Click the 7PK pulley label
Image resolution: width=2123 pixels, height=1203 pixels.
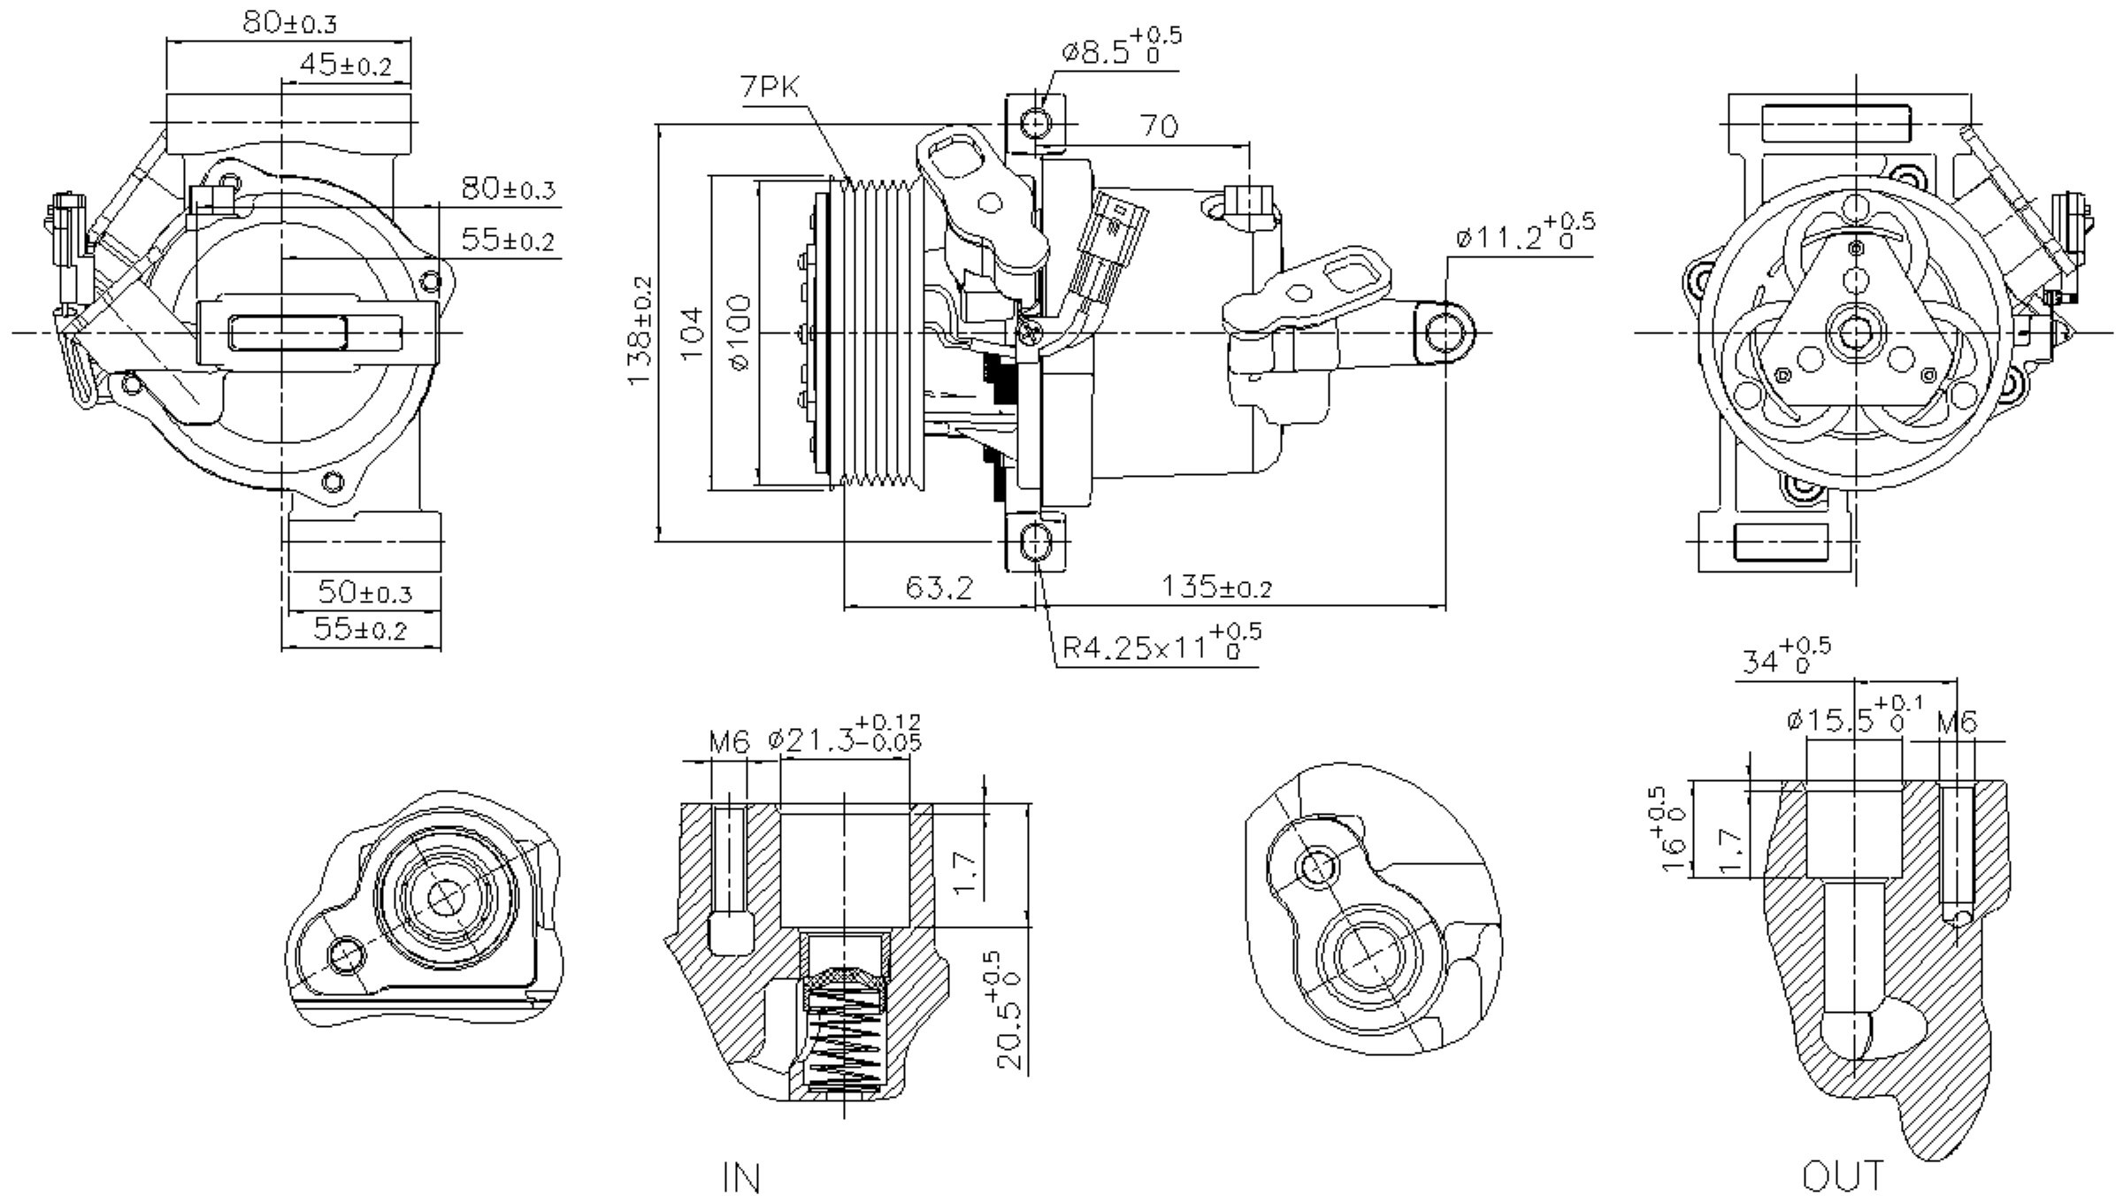click(x=770, y=88)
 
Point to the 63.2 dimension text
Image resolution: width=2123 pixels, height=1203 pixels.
click(x=939, y=587)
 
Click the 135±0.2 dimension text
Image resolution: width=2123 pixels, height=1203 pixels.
click(x=1216, y=587)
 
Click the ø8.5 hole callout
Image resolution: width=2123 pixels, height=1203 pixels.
click(x=1119, y=50)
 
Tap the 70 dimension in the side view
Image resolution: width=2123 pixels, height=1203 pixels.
click(x=1159, y=127)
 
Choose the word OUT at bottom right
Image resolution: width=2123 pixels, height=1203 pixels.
click(x=1843, y=1176)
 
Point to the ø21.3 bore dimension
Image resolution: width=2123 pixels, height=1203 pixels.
click(x=844, y=737)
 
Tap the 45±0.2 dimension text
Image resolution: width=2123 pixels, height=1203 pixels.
click(x=345, y=65)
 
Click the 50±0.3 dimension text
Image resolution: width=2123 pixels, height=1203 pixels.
click(x=364, y=592)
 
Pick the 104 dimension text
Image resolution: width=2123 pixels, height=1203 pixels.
click(x=693, y=333)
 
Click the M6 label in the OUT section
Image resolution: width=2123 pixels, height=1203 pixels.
click(x=1957, y=724)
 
